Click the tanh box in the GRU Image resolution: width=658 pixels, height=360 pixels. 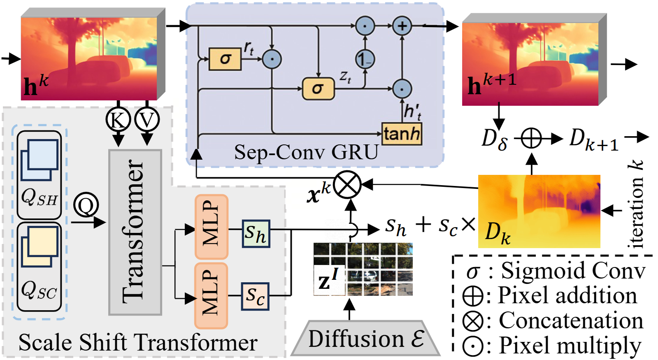point(402,134)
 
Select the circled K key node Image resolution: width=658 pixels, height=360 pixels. point(118,120)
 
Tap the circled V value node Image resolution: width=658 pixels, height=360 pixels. point(147,120)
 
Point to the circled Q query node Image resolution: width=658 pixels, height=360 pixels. point(86,205)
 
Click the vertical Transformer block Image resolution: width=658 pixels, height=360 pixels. point(135,232)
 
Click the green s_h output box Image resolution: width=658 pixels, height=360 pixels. point(256,234)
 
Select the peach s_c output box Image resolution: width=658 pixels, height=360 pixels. point(255,296)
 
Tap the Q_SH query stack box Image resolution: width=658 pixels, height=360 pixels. point(39,175)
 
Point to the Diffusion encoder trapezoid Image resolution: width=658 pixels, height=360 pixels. point(365,338)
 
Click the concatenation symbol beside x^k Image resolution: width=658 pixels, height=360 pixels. point(347,185)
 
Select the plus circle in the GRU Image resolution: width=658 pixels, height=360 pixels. point(402,26)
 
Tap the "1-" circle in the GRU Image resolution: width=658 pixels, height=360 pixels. point(365,60)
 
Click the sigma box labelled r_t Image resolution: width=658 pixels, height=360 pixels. point(225,59)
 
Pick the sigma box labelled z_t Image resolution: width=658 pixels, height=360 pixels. point(318,88)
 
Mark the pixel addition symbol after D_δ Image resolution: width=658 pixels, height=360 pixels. point(531,138)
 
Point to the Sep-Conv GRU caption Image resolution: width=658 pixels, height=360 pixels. point(306,152)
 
